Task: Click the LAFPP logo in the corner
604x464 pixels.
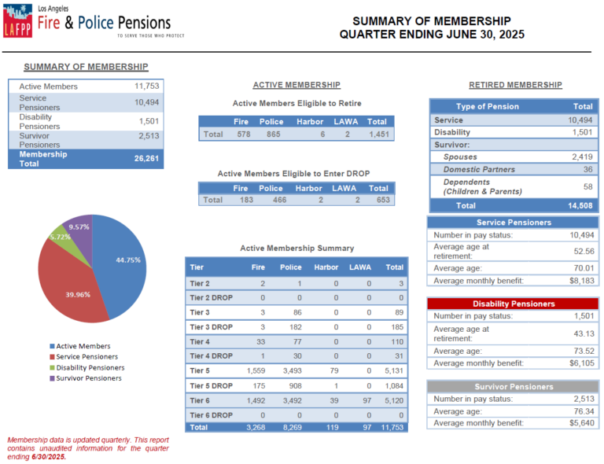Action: point(18,20)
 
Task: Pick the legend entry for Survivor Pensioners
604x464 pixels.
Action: point(86,378)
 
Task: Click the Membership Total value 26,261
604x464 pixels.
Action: point(146,158)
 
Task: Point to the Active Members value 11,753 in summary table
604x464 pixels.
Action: point(146,86)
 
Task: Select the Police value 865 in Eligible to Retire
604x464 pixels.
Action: point(274,134)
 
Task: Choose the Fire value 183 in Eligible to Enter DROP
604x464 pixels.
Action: point(246,200)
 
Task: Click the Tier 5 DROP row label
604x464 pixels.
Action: point(211,386)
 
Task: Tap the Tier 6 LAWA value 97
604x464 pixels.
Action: point(367,400)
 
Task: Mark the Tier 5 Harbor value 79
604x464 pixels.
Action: point(334,370)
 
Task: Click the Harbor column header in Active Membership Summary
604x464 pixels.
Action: point(326,267)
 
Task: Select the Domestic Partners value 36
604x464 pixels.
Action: point(587,169)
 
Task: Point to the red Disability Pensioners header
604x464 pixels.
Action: point(514,304)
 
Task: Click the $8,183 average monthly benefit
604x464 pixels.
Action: point(582,281)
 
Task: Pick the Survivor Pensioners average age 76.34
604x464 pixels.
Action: point(584,411)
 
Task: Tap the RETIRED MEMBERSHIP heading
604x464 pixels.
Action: point(515,85)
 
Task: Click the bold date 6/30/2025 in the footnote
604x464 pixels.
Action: point(49,457)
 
